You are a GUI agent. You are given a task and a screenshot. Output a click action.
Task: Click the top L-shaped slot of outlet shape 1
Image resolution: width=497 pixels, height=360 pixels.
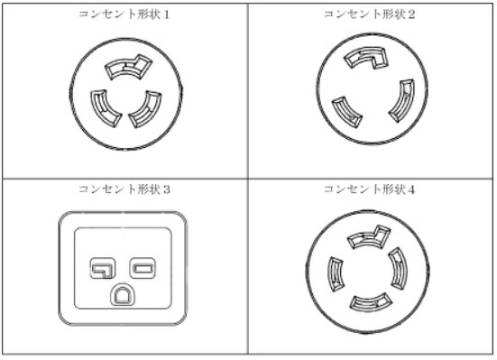[125, 66]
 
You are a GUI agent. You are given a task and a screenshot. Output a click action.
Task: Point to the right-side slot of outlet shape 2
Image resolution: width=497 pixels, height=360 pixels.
[400, 101]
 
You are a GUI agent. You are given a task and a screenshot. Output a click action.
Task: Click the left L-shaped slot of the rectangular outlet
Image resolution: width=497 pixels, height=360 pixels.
[101, 267]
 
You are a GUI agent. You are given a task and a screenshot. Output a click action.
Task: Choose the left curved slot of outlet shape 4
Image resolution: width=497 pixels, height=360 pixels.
[334, 272]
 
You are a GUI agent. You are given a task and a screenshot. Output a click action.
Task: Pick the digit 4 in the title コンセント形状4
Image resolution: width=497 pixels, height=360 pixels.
[411, 189]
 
